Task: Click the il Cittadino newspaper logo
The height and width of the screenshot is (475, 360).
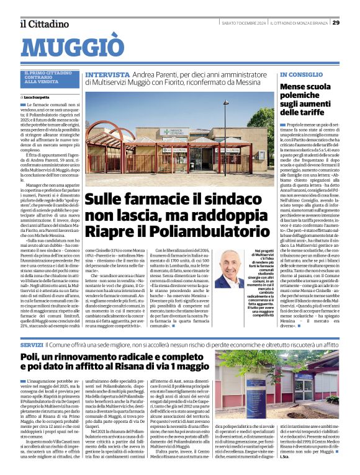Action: point(44,23)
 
